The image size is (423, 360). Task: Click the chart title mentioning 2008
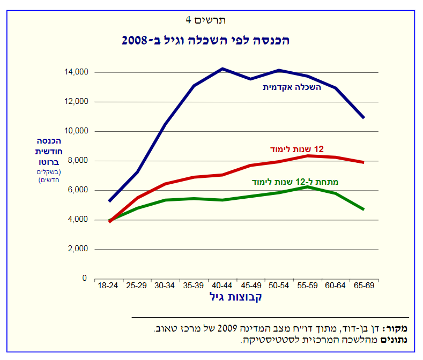click(x=205, y=40)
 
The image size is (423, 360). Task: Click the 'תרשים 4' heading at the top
click(x=205, y=20)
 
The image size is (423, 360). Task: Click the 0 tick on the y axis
click(x=84, y=279)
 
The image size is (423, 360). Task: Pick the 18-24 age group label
click(x=108, y=286)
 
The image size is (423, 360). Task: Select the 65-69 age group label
click(x=364, y=286)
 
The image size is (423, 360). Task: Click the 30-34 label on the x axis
click(x=165, y=286)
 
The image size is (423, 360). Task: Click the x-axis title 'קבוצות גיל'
click(x=235, y=297)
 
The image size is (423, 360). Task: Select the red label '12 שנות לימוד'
click(x=296, y=149)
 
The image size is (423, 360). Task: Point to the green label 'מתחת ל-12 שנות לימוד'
click(x=295, y=182)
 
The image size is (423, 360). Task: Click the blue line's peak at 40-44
click(x=222, y=69)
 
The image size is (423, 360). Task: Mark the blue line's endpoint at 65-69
click(x=364, y=117)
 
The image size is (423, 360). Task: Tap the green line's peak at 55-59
click(x=307, y=187)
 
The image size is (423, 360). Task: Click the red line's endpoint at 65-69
click(x=364, y=162)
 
